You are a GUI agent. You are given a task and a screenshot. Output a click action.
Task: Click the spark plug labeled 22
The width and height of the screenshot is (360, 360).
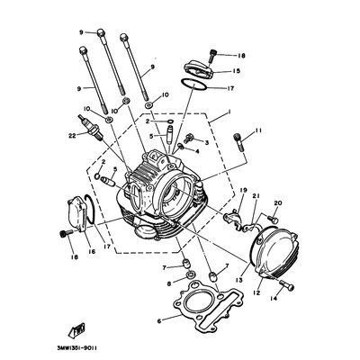pos(91,127)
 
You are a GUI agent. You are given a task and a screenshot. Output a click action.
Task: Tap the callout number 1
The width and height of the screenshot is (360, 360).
pos(229,112)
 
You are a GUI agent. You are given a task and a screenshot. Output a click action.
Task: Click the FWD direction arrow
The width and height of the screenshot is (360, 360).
pos(77,330)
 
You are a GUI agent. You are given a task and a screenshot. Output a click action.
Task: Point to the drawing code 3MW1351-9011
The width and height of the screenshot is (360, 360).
pos(77,349)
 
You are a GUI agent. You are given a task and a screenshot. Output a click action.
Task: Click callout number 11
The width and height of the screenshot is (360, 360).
pos(258,130)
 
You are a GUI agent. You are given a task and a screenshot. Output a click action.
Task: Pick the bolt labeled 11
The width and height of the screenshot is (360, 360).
pos(238,142)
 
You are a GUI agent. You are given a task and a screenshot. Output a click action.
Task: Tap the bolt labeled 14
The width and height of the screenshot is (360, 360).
pos(287,286)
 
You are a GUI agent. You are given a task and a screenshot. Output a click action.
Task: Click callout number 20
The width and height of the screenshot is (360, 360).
pos(278,203)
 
